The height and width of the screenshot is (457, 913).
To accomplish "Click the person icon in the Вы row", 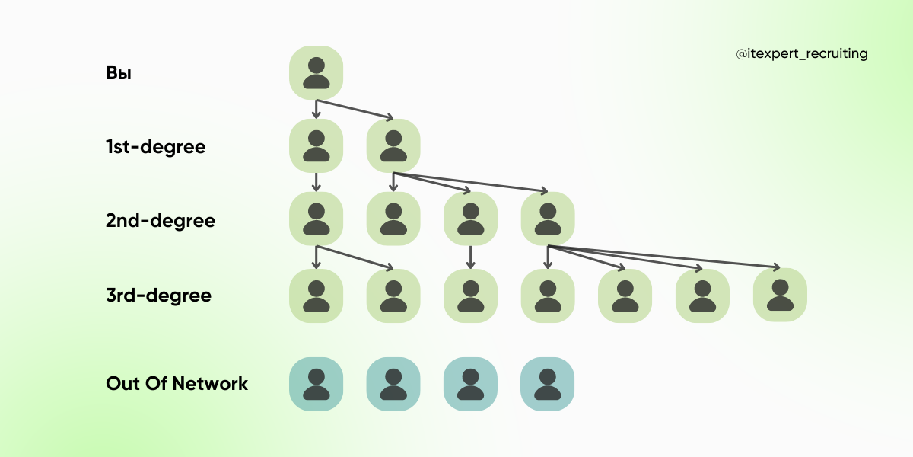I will (x=317, y=72).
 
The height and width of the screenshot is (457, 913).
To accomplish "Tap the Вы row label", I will (x=119, y=74).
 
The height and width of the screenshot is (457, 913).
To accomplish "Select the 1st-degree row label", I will (x=156, y=146).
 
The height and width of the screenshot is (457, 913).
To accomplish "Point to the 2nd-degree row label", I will (x=161, y=221).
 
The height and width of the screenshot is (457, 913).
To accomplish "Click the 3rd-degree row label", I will (x=158, y=295).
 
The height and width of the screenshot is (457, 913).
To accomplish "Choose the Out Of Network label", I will (x=177, y=383).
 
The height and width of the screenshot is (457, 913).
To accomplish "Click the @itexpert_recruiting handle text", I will (x=802, y=54).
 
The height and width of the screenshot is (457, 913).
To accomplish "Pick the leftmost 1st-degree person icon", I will (x=317, y=145).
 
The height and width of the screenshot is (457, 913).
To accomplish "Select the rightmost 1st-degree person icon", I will (x=393, y=145).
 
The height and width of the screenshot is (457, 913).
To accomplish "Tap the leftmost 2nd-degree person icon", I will (x=317, y=219).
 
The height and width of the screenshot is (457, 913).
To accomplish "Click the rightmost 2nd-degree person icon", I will (x=548, y=219).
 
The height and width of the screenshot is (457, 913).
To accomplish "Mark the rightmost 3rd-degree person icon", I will (x=780, y=295).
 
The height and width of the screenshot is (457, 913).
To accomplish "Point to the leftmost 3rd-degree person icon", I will (x=317, y=295).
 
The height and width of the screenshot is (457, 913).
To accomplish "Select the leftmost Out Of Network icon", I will (x=317, y=384).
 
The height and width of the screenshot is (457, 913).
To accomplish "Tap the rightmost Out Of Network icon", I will (x=548, y=384).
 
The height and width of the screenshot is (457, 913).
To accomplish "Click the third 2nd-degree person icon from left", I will (x=470, y=219).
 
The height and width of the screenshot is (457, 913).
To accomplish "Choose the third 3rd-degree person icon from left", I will (x=470, y=295).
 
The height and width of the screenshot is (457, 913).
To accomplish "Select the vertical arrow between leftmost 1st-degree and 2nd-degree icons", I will (x=317, y=181).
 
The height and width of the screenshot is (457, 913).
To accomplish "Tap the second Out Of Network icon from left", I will (x=393, y=384).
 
